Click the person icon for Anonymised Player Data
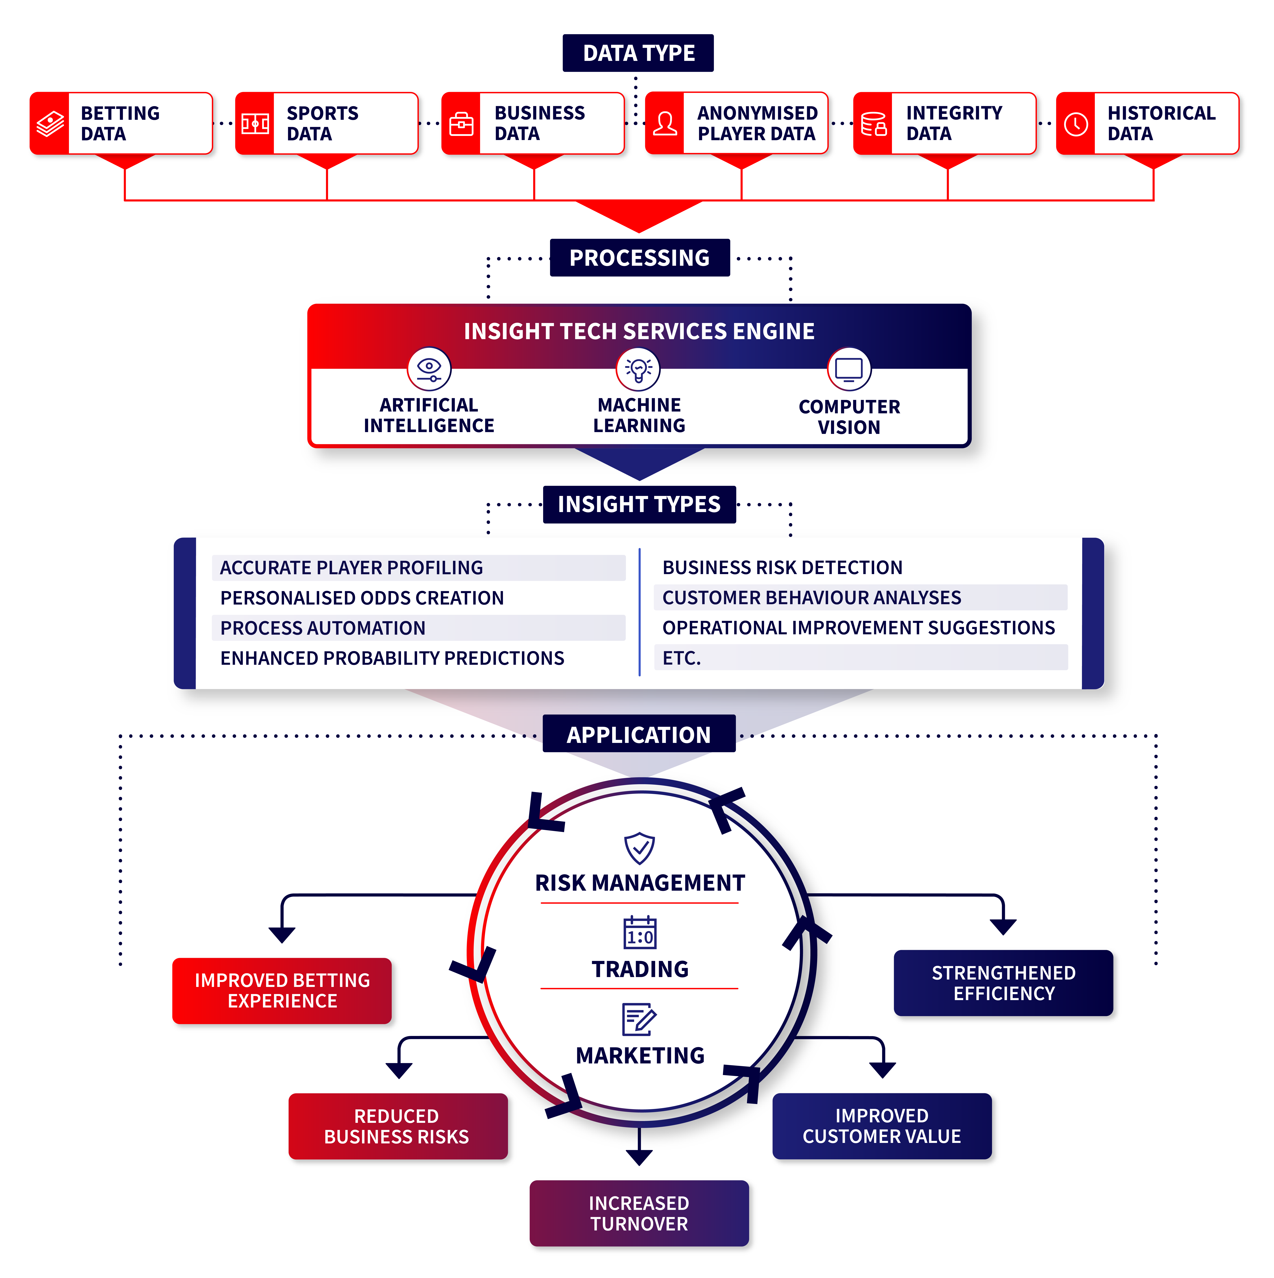(x=665, y=124)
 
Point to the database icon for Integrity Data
(x=873, y=124)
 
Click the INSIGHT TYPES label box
(x=639, y=504)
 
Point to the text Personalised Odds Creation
(x=362, y=598)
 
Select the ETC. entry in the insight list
(x=681, y=658)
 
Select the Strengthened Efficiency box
(x=1004, y=983)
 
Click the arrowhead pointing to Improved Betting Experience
(x=282, y=934)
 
